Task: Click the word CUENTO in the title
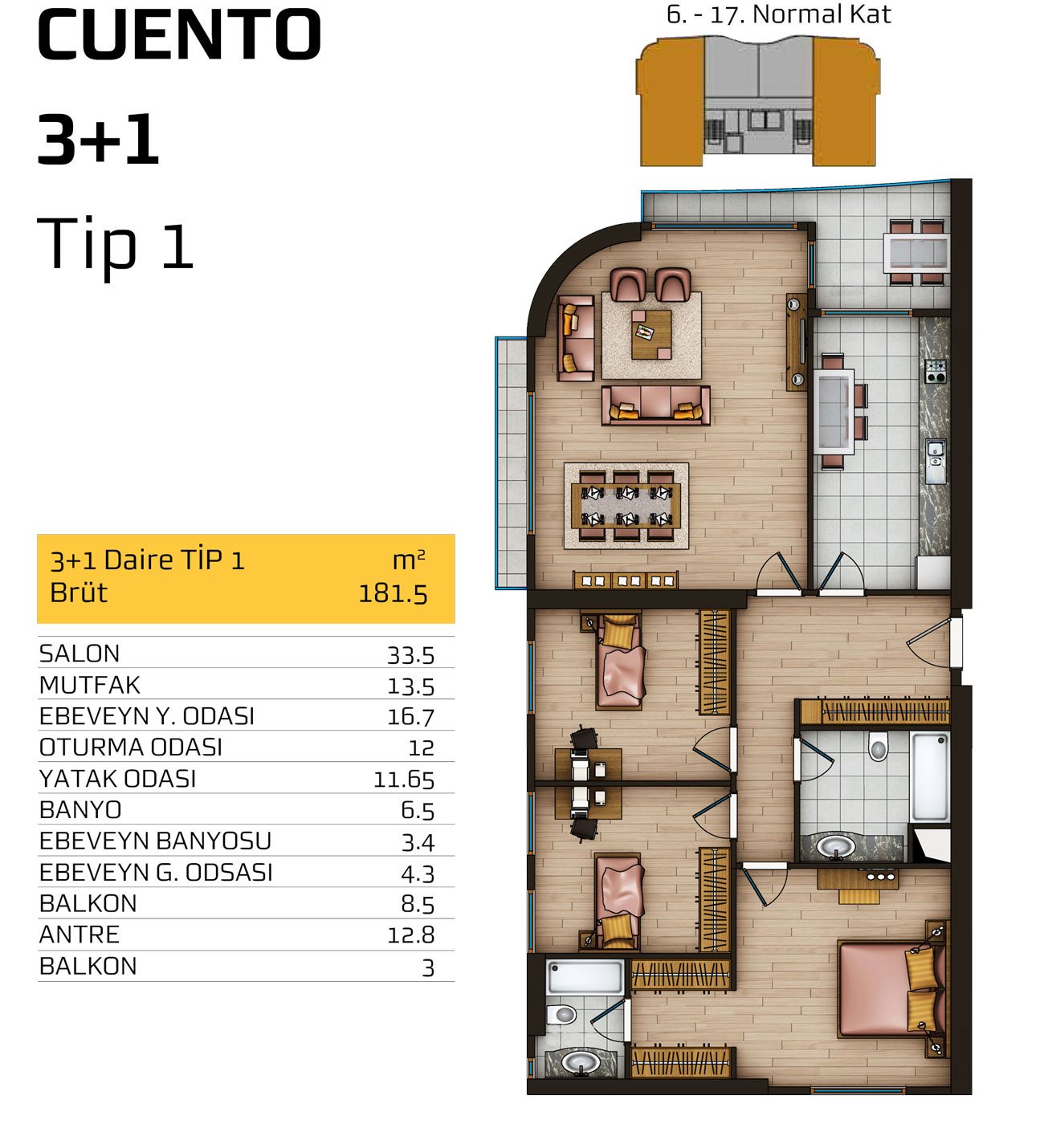(x=179, y=35)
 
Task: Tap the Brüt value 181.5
(x=393, y=594)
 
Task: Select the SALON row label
(x=80, y=654)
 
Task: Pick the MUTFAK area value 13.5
(x=410, y=686)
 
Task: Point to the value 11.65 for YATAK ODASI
(x=404, y=780)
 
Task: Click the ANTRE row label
(x=80, y=935)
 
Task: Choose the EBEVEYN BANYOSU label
(x=155, y=841)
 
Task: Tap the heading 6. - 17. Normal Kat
(x=778, y=14)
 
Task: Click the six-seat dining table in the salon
(x=626, y=506)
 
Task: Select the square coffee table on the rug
(x=651, y=335)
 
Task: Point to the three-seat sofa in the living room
(x=655, y=405)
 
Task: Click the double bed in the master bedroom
(x=891, y=988)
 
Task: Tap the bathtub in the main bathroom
(x=930, y=777)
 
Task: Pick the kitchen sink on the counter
(x=936, y=462)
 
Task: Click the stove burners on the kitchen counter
(x=936, y=371)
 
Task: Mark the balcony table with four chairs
(x=916, y=252)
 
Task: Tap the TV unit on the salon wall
(x=796, y=342)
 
